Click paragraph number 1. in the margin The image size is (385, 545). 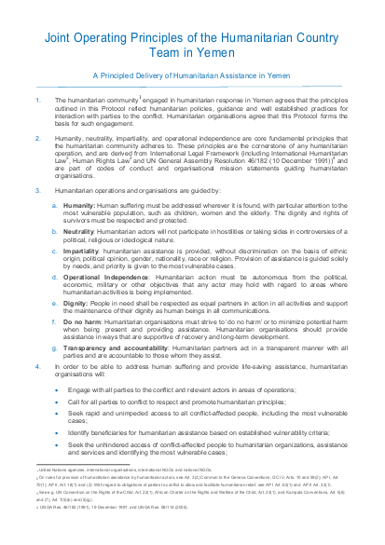pyautogui.click(x=37, y=98)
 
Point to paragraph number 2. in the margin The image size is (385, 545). pyautogui.click(x=37, y=137)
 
